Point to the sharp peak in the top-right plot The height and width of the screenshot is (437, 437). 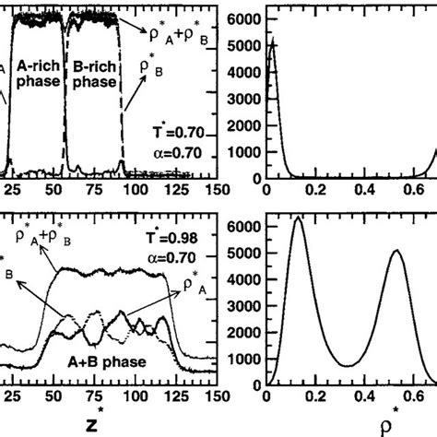[x=270, y=41]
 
